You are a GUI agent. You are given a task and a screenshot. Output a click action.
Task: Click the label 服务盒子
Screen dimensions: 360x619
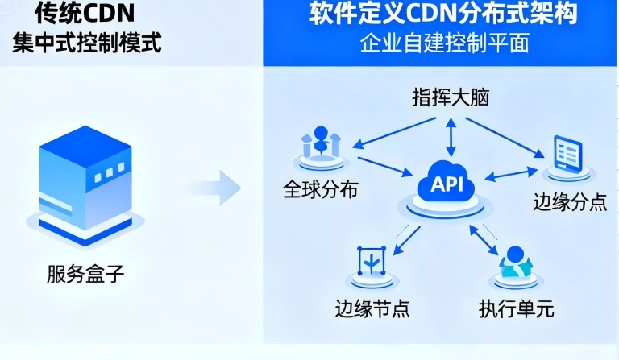point(86,276)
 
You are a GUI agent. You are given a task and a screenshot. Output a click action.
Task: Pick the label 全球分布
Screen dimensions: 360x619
point(320,191)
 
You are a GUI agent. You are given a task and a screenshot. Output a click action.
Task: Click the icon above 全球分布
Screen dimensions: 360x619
point(321,145)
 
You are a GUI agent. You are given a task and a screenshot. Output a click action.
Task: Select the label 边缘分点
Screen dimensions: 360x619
point(570,201)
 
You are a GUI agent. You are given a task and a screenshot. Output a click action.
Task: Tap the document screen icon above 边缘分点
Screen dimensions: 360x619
point(567,155)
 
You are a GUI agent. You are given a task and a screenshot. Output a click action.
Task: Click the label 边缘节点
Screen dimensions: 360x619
point(370,308)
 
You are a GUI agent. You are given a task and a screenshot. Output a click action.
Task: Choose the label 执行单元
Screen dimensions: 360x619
point(516,308)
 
